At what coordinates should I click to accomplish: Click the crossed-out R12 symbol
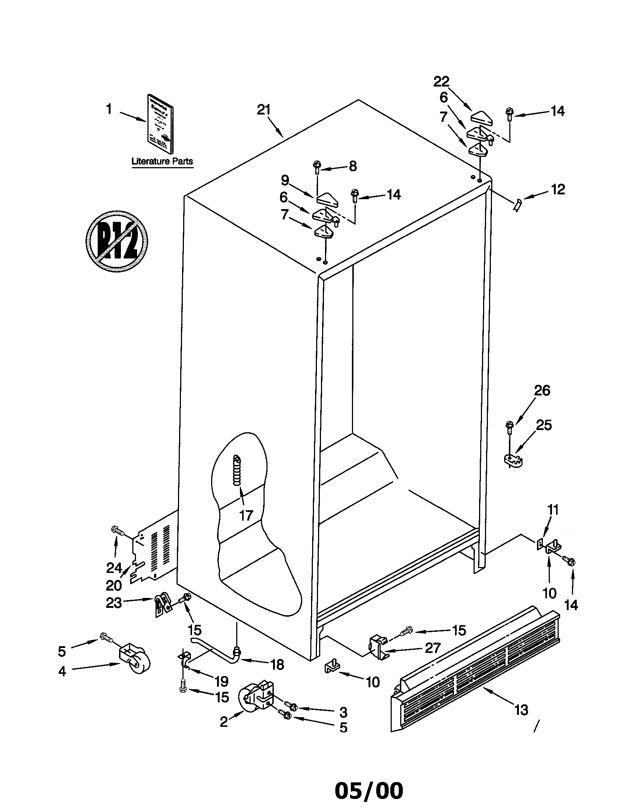[116, 242]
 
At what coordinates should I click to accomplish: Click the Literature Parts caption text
[162, 161]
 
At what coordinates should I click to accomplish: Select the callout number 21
[264, 110]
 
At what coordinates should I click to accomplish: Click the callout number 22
[441, 81]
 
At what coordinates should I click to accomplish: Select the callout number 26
[542, 391]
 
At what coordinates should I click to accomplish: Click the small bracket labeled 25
[513, 461]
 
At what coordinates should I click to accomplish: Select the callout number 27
[433, 648]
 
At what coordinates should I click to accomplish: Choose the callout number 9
[284, 180]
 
